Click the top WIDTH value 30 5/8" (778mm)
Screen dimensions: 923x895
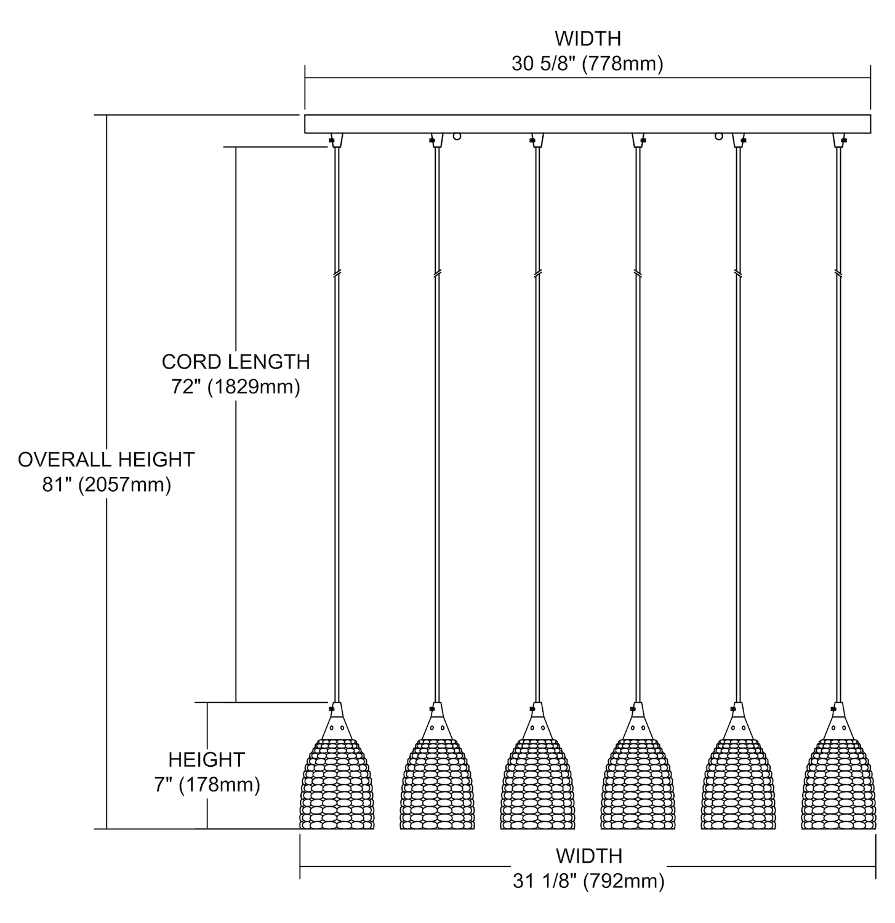[587, 64]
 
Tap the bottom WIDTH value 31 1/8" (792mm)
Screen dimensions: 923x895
[588, 881]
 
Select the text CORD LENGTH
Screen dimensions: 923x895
[236, 362]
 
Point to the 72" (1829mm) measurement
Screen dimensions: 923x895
[236, 388]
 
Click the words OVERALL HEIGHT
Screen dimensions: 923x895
[106, 460]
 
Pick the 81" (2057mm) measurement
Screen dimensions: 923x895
[106, 485]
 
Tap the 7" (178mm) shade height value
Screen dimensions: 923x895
[207, 785]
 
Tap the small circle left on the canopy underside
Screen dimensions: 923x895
[457, 137]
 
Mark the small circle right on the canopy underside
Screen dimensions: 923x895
[718, 137]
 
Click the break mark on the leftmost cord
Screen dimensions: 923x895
[337, 273]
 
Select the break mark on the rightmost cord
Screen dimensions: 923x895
[838, 273]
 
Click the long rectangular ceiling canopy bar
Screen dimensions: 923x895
[587, 124]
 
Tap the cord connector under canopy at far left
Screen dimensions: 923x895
[336, 140]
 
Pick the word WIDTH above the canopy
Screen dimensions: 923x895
[587, 38]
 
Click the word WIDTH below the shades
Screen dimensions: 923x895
[588, 856]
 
